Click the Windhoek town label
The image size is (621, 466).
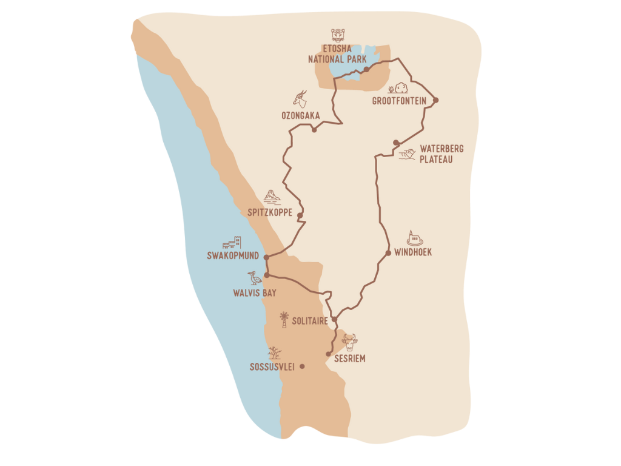413,252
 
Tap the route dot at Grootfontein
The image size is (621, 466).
435,100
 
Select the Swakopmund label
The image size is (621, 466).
233,257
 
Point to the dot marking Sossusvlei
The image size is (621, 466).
302,366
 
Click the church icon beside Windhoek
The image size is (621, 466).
414,238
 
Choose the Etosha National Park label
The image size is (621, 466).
337,55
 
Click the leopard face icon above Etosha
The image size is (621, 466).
338,35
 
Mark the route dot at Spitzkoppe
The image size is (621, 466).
300,215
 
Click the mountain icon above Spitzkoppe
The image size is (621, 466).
272,197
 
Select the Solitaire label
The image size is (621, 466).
309,320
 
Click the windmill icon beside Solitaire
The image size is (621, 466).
283,319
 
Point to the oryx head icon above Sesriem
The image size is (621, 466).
349,343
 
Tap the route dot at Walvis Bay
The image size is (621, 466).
267,275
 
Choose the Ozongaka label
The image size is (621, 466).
300,115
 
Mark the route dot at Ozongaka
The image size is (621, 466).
314,129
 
